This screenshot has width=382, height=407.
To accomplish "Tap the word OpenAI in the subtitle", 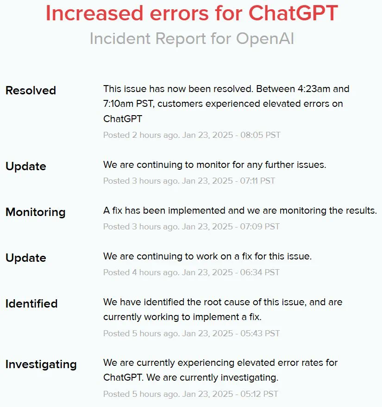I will pyautogui.click(x=265, y=38).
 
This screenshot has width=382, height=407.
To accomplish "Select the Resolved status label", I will pyautogui.click(x=31, y=90).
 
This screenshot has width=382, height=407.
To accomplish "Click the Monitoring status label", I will pyautogui.click(x=35, y=212).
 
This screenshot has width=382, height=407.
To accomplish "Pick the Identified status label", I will pyautogui.click(x=31, y=304).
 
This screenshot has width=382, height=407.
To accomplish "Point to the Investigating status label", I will pyautogui.click(x=41, y=364).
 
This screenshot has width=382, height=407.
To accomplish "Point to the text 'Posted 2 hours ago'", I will pyautogui.click(x=141, y=135).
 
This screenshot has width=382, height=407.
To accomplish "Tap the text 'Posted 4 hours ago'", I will pyautogui.click(x=141, y=272).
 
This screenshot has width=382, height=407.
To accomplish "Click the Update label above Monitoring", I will pyautogui.click(x=25, y=166).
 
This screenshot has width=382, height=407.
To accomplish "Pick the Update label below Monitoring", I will pyautogui.click(x=25, y=258).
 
